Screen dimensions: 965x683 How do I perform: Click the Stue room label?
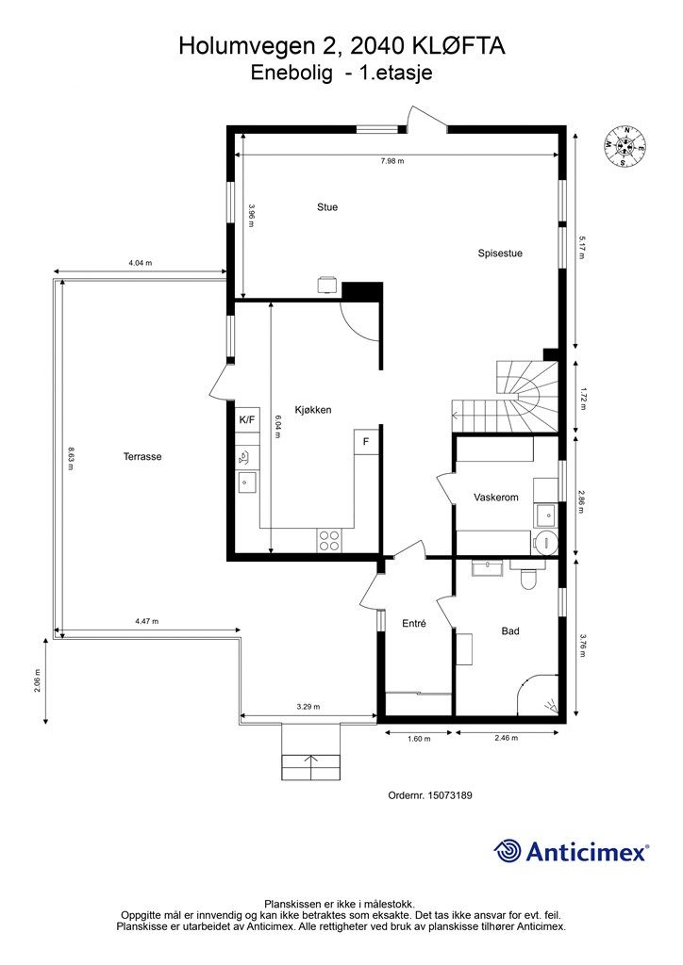[x=327, y=207]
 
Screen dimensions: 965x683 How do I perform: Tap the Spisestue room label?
[x=500, y=253]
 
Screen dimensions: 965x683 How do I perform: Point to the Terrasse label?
[x=142, y=456]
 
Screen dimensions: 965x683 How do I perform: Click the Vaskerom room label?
[x=496, y=498]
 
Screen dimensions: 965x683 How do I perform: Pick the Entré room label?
[x=415, y=622]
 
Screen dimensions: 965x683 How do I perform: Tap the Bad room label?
[x=510, y=631]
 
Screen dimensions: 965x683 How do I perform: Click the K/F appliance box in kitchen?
[x=246, y=419]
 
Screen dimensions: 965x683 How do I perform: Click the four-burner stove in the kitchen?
[x=329, y=540]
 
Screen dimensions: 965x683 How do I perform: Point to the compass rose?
[x=625, y=147]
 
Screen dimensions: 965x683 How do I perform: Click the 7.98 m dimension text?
[x=392, y=162]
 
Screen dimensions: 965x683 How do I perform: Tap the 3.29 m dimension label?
[x=308, y=707]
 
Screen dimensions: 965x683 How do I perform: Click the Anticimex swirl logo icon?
[x=508, y=851]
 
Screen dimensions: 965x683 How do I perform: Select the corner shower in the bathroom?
[x=541, y=695]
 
